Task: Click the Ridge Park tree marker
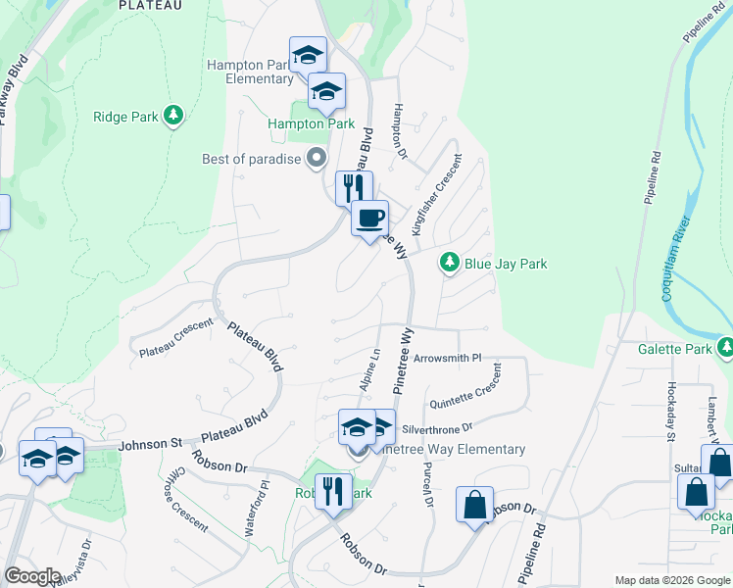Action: coord(173,117)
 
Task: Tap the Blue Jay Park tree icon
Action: coord(450,263)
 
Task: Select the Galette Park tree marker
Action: coord(725,348)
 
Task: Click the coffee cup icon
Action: coord(369,219)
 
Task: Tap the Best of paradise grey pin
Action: coord(316,158)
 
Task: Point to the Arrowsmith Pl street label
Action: coord(448,359)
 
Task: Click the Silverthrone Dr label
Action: coord(437,427)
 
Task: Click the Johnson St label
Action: coord(150,444)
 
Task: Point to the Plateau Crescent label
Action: coord(176,339)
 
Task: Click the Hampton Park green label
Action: coord(312,124)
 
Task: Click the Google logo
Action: coord(32,576)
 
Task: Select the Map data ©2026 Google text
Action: coord(672,580)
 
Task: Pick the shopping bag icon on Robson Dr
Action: coord(474,506)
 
